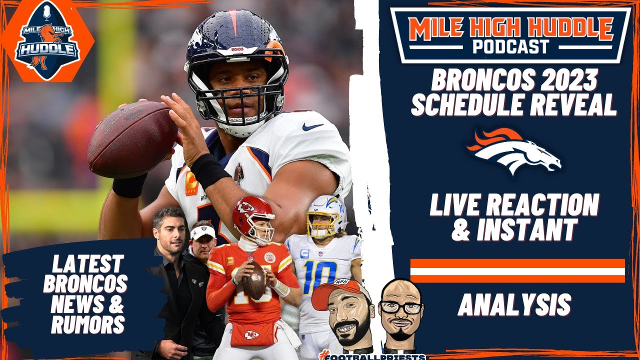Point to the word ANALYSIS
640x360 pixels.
click(x=514, y=304)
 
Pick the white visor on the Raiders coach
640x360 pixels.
click(x=203, y=231)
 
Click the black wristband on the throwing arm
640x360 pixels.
click(x=209, y=170)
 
